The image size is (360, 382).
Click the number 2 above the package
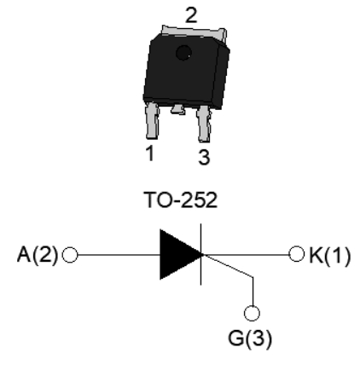[191, 15]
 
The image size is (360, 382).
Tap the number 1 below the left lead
[150, 153]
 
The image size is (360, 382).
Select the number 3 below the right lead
[204, 157]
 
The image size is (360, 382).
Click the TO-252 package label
[181, 200]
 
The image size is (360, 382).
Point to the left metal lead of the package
[152, 121]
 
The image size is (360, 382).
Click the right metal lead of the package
[204, 124]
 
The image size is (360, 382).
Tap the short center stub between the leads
[178, 109]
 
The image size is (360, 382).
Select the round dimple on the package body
[183, 53]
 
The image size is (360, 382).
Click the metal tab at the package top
[195, 32]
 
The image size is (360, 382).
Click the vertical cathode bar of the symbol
[201, 254]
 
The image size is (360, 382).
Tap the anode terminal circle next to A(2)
[70, 255]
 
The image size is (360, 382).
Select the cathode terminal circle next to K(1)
[296, 254]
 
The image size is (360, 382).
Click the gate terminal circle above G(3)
[252, 313]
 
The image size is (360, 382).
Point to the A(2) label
[38, 255]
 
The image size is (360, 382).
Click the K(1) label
[329, 256]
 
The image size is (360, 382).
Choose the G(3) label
[250, 339]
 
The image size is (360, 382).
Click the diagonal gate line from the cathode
[228, 265]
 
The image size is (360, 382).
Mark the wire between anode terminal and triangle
[119, 255]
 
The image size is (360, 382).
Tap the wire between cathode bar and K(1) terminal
[246, 255]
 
